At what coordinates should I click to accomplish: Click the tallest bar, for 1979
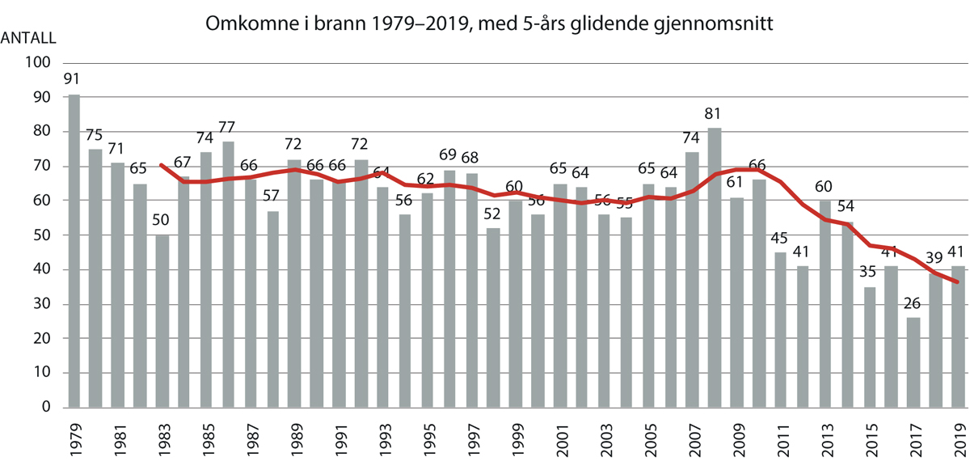pyautogui.click(x=74, y=251)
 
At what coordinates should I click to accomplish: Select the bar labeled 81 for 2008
pyautogui.click(x=714, y=267)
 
